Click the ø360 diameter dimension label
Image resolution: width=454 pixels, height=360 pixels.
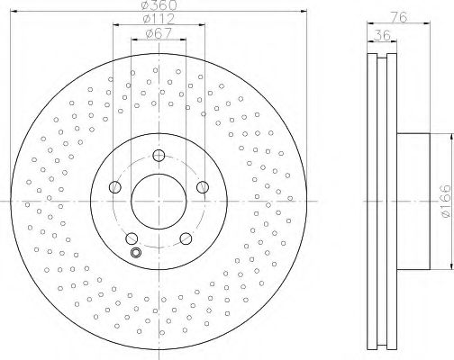click(x=159, y=4)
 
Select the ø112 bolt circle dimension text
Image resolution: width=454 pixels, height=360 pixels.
click(x=159, y=19)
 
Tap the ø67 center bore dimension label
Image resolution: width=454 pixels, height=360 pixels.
click(x=159, y=33)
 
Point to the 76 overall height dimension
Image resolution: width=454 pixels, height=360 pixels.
click(x=400, y=17)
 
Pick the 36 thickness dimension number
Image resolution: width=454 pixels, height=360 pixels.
click(x=382, y=35)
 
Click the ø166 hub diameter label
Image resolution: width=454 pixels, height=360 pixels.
click(x=445, y=201)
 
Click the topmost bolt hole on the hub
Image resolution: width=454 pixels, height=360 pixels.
click(x=159, y=156)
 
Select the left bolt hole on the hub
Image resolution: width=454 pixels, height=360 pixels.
click(x=115, y=187)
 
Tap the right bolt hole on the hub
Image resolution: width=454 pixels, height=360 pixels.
click(x=203, y=187)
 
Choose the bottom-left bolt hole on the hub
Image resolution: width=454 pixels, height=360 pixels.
click(x=132, y=238)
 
